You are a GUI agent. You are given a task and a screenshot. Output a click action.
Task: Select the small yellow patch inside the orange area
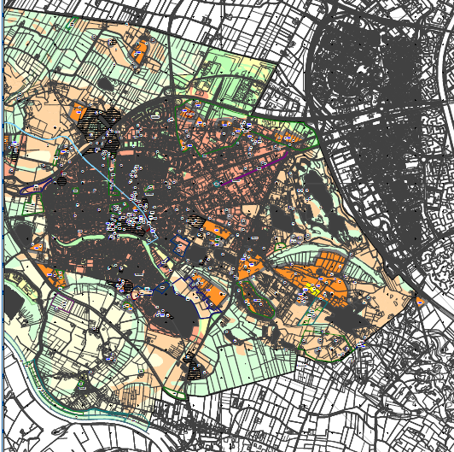click(x=314, y=291)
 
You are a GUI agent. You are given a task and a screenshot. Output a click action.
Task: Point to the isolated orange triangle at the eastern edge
click(x=419, y=299)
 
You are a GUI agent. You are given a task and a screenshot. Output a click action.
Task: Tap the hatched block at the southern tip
click(x=194, y=367)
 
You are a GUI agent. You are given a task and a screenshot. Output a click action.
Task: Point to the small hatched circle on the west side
click(x=61, y=181)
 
